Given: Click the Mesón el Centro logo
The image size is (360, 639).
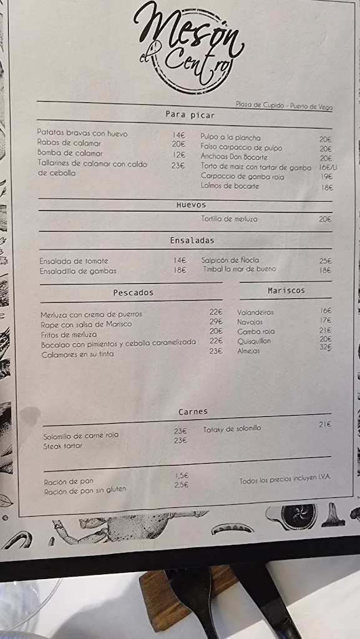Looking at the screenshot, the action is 187,47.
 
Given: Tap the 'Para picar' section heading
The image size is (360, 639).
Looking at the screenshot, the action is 190,115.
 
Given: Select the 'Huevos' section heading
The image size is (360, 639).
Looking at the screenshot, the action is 191,205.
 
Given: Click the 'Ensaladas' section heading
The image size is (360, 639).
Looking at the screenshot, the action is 192,240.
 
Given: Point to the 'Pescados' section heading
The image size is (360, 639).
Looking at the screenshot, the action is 133,292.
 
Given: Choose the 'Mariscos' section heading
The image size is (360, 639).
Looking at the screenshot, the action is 286,290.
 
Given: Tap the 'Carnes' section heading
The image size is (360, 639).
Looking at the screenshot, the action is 193,412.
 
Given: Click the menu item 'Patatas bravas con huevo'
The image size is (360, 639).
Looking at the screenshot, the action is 82,134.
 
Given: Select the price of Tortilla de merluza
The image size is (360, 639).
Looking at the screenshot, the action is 325,219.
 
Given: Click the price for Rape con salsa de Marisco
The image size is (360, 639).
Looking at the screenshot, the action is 216,321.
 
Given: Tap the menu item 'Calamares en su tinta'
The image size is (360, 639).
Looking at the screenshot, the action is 78,354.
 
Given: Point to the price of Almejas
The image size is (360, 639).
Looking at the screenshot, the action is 325,348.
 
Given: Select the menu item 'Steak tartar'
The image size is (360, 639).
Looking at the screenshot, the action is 63,446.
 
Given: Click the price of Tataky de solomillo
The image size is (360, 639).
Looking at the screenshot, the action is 324,425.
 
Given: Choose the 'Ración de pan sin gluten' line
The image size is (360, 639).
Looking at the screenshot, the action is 85,491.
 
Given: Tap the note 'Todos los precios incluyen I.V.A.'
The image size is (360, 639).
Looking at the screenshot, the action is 285,479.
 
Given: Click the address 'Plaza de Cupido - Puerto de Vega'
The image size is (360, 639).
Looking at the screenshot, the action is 284,106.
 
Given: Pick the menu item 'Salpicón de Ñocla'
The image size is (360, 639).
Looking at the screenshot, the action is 230,260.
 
